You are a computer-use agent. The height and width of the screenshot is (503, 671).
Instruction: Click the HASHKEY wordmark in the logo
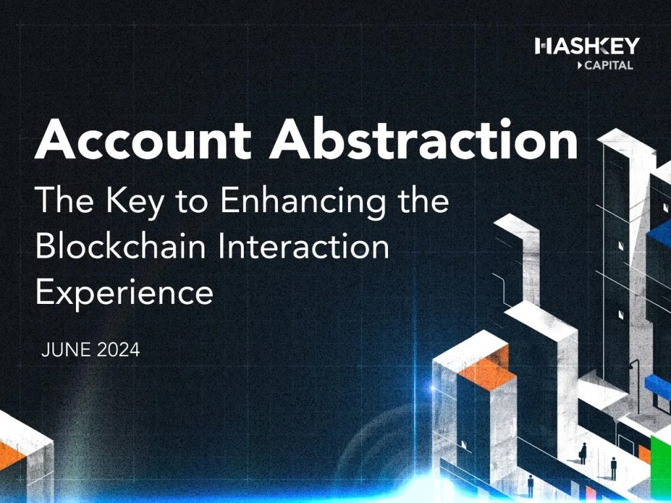(x=587, y=46)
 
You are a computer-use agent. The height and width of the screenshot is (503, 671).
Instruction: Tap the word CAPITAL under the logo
(x=609, y=65)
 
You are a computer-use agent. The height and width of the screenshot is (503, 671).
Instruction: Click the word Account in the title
(x=143, y=139)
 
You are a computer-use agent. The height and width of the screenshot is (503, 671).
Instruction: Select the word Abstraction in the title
(x=424, y=138)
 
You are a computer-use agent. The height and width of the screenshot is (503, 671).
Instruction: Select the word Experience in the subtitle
(x=124, y=293)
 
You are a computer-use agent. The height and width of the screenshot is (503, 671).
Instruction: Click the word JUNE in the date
(x=66, y=350)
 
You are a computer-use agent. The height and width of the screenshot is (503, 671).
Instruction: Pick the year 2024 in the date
(x=119, y=350)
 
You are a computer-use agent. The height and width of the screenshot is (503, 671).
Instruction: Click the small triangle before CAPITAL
(x=580, y=65)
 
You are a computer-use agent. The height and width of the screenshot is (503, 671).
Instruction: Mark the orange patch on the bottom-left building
(x=9, y=456)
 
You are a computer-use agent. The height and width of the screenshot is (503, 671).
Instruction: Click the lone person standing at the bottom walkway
(x=531, y=485)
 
